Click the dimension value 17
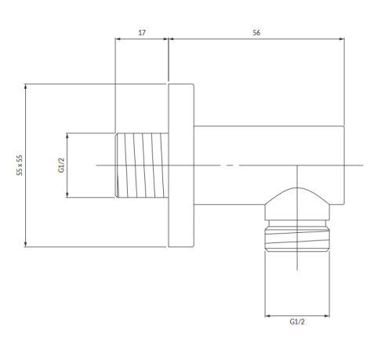(x=142, y=33)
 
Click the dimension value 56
(x=256, y=33)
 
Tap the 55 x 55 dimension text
(x=20, y=165)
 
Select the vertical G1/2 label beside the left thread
(x=61, y=165)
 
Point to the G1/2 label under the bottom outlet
(x=297, y=322)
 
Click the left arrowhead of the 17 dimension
(x=118, y=39)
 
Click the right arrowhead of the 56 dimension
(x=342, y=39)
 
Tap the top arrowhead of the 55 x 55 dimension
(x=25, y=86)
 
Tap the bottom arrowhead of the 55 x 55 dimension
(x=25, y=244)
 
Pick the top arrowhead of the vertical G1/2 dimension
(x=67, y=136)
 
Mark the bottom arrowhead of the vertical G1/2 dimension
(x=67, y=195)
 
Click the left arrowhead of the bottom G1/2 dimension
(x=267, y=316)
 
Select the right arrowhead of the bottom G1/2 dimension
(x=327, y=316)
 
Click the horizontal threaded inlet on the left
(x=142, y=165)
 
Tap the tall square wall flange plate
(x=181, y=165)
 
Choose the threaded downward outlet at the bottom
(x=297, y=236)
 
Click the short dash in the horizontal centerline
(x=230, y=165)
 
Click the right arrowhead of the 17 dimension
(x=165, y=39)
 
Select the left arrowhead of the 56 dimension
(x=172, y=39)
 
